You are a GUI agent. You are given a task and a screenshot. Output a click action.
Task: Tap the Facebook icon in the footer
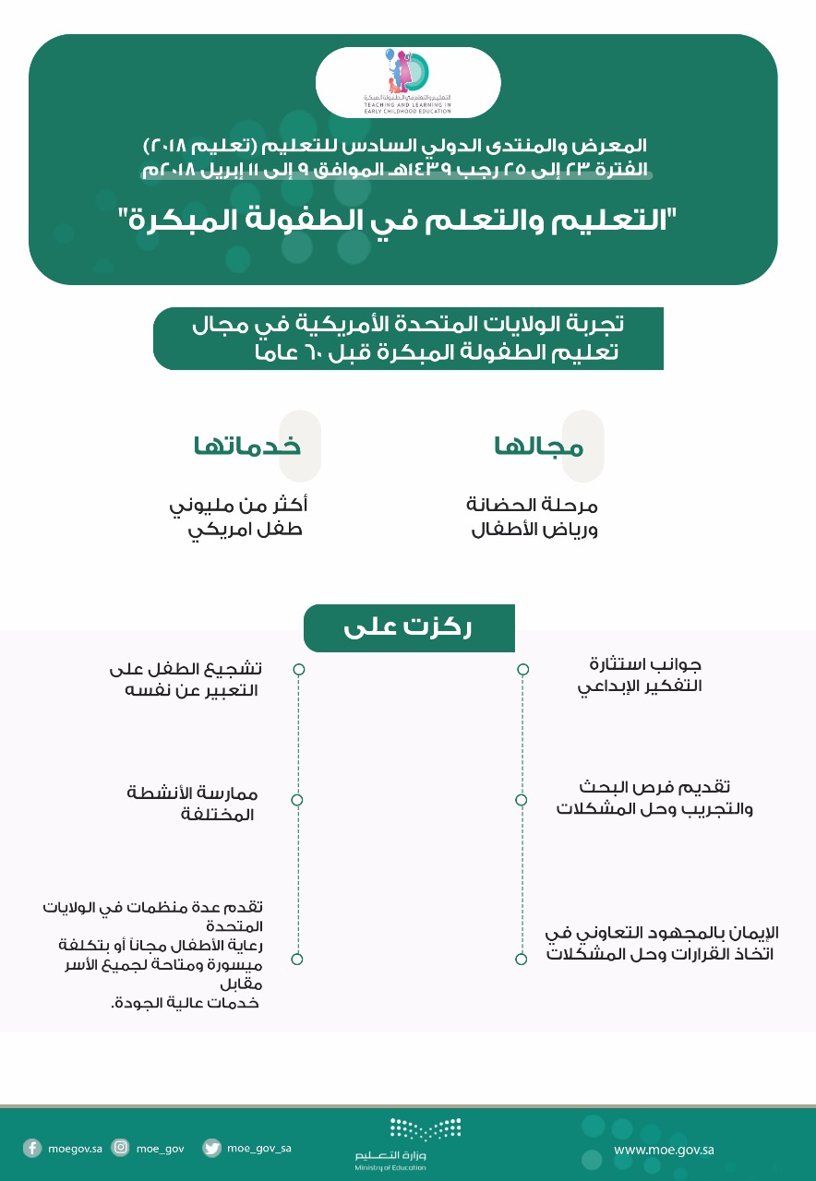click(32, 1148)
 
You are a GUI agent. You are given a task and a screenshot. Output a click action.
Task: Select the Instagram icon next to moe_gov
click(120, 1148)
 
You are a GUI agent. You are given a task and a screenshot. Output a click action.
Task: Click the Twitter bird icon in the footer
click(212, 1148)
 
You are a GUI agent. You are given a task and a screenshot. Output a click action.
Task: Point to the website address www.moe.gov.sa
click(664, 1150)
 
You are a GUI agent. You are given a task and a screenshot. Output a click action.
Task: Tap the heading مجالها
click(539, 447)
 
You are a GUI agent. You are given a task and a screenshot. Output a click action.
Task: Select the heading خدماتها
click(246, 447)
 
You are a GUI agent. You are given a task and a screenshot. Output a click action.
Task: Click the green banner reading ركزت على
click(408, 628)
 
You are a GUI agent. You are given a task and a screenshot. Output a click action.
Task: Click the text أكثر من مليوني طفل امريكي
click(238, 518)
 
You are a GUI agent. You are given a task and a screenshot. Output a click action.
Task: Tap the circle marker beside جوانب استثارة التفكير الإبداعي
click(522, 669)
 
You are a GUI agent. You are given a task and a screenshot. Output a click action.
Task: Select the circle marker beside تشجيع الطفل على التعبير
click(298, 669)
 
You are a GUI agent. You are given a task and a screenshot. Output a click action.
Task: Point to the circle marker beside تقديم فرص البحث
click(522, 799)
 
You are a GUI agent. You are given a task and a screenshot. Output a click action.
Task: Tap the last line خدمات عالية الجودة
click(184, 1003)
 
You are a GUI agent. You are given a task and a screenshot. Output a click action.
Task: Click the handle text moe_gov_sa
click(259, 1148)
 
